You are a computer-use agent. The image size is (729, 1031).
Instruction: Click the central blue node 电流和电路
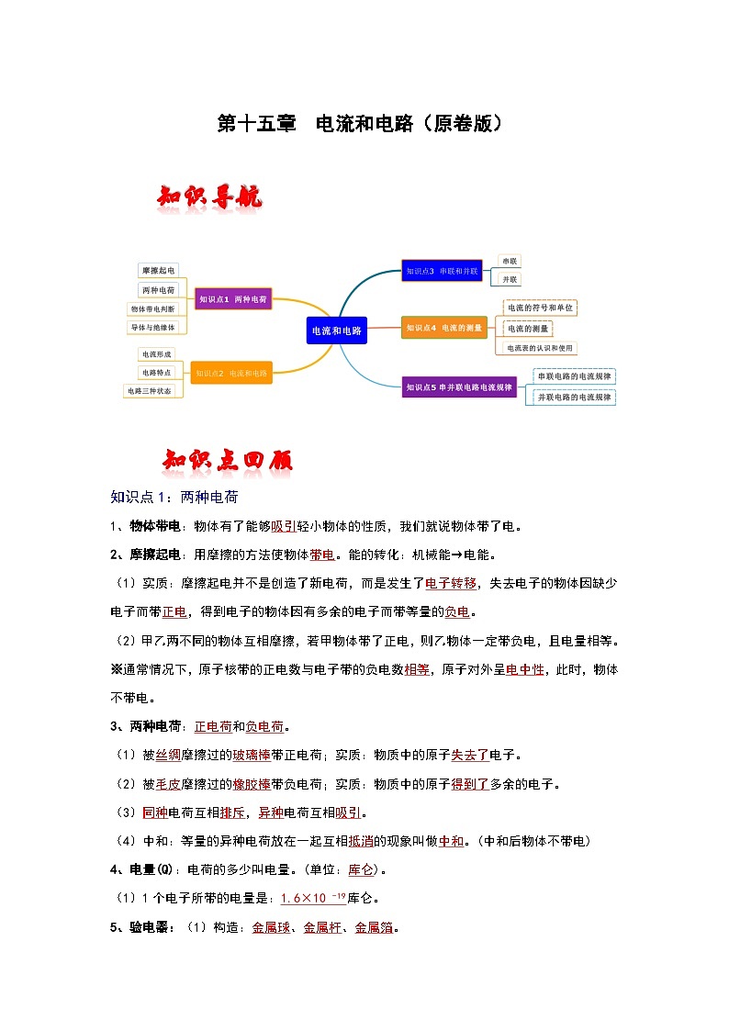(x=337, y=331)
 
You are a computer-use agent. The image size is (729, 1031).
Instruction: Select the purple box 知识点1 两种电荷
(x=233, y=299)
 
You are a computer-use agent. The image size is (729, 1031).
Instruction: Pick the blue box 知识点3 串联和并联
(x=442, y=271)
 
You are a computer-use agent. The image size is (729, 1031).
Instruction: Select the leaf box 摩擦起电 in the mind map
(x=158, y=271)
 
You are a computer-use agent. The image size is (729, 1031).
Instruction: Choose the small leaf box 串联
(x=510, y=261)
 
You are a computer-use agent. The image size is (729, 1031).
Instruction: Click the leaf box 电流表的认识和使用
(x=540, y=348)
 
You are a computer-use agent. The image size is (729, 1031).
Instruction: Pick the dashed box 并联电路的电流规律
(x=575, y=397)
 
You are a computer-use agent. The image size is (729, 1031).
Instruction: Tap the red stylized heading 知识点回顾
(x=228, y=460)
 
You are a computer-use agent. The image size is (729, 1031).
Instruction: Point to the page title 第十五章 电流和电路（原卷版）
(x=360, y=123)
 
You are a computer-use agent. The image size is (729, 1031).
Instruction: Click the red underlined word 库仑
(x=361, y=869)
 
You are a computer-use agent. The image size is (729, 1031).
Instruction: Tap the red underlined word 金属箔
(x=373, y=927)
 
